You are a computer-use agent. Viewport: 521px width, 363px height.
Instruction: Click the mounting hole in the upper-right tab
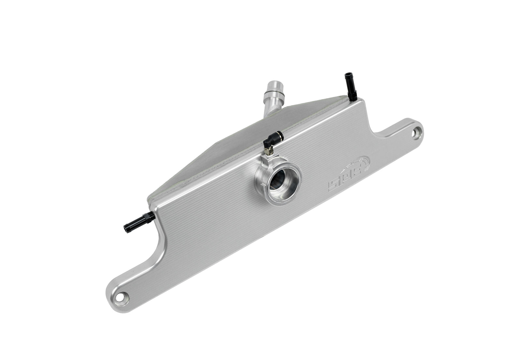tap(416, 133)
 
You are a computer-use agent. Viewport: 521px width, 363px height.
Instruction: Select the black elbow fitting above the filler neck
tap(269, 141)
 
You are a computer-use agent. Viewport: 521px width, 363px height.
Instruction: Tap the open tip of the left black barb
tap(125, 227)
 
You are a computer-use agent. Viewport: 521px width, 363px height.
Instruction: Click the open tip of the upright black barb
tap(346, 76)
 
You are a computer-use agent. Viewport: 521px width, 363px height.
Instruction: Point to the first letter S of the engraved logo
tap(333, 186)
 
